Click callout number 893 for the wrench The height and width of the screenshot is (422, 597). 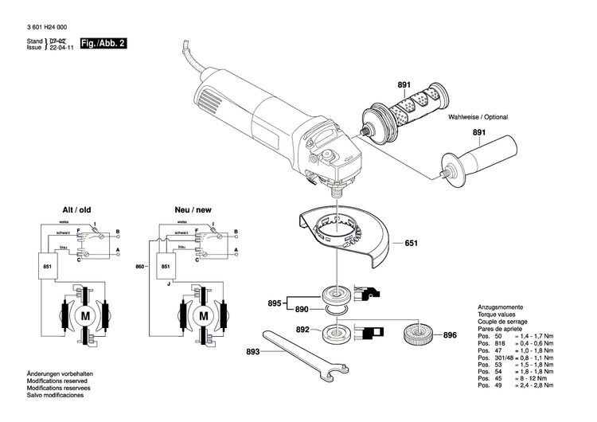coord(252,351)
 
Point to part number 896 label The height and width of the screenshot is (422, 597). coord(450,335)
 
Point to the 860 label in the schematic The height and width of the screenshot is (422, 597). coord(142,265)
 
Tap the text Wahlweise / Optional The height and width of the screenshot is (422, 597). coord(478,117)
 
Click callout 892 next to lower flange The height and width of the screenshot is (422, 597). coord(302,328)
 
